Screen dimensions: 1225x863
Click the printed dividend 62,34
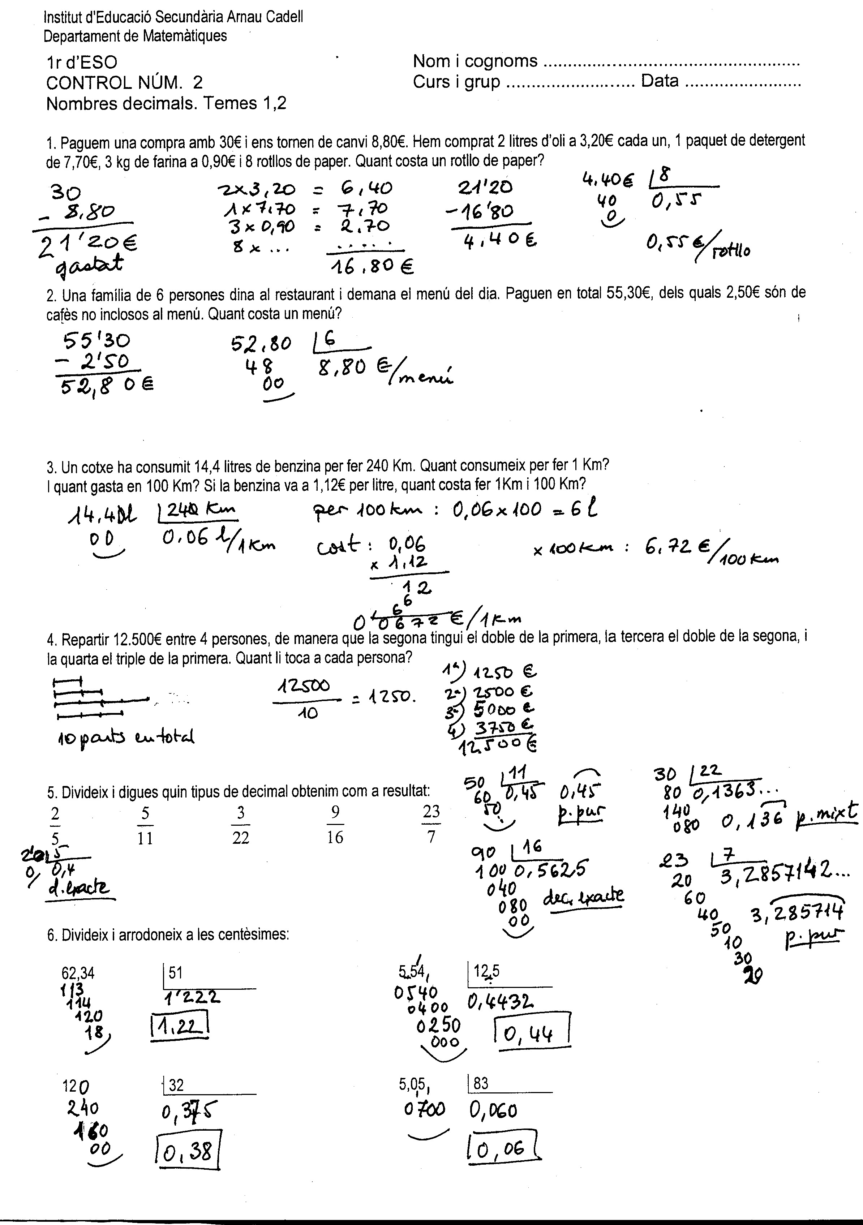tap(78, 973)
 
